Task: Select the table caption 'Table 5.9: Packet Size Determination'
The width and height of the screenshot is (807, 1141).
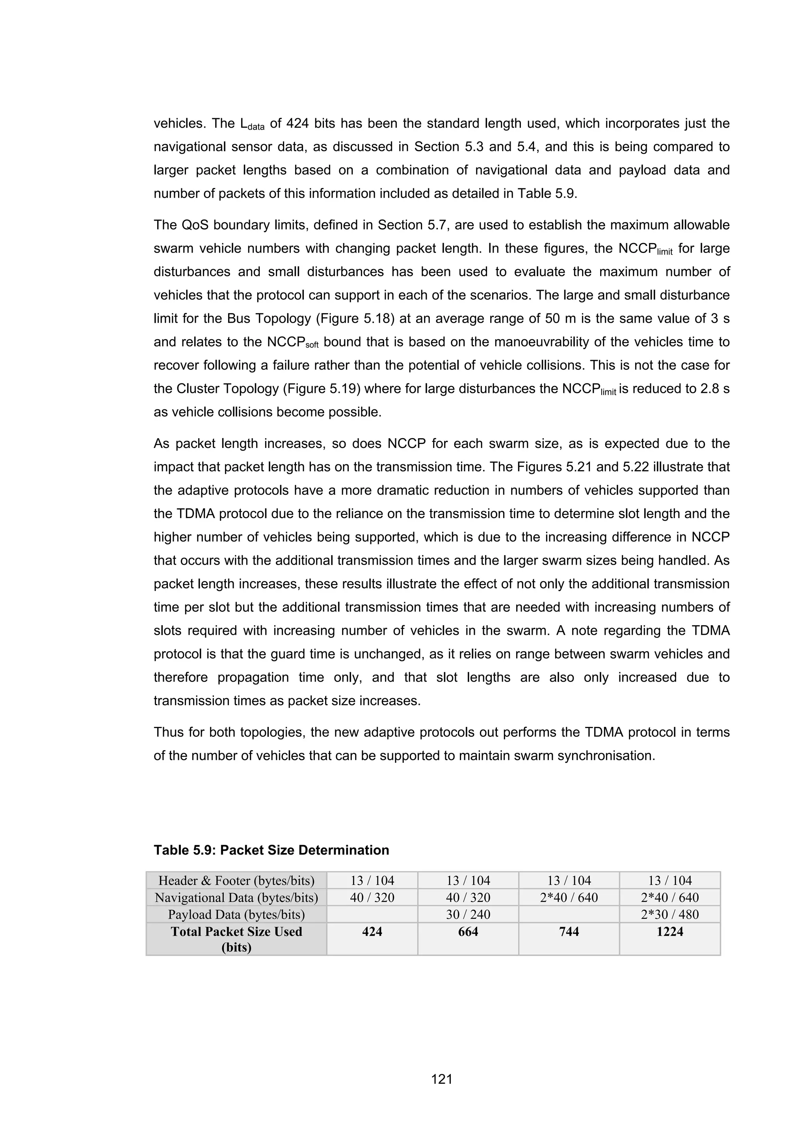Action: pyautogui.click(x=271, y=850)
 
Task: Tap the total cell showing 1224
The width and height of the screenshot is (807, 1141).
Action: pyautogui.click(x=669, y=931)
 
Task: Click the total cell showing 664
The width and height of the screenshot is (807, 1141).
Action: pyautogui.click(x=468, y=931)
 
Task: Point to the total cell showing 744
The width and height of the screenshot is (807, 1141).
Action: pyautogui.click(x=569, y=931)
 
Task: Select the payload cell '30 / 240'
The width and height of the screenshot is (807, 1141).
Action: pyautogui.click(x=468, y=914)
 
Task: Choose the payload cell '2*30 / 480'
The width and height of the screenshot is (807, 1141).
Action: pyautogui.click(x=669, y=914)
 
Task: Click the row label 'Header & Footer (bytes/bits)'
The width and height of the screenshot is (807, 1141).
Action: pyautogui.click(x=236, y=881)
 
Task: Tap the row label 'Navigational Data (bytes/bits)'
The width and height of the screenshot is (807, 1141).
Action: pyautogui.click(x=236, y=898)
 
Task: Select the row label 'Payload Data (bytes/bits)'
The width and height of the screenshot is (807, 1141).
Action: pyautogui.click(x=236, y=914)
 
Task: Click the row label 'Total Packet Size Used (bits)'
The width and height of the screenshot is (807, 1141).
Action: pyautogui.click(x=236, y=939)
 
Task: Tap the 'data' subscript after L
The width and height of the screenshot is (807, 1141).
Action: pyautogui.click(x=255, y=127)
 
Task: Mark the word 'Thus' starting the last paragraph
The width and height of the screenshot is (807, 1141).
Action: pyautogui.click(x=168, y=732)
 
